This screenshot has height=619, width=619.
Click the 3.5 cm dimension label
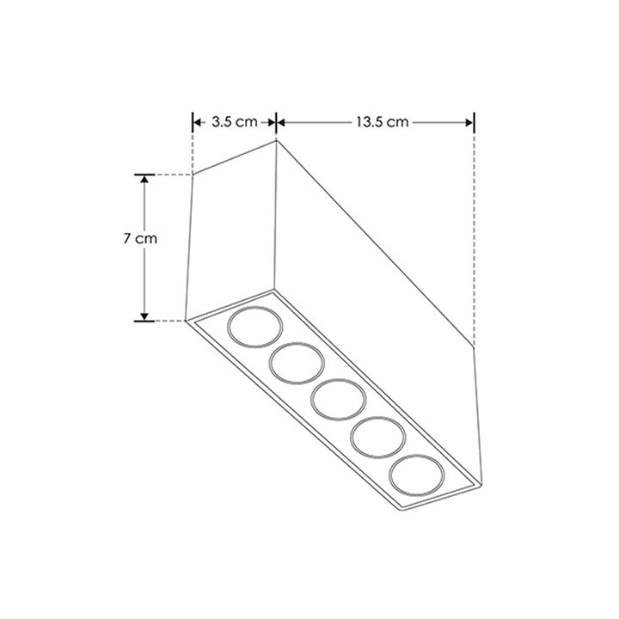click(x=234, y=122)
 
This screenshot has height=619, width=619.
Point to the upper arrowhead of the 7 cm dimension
click(x=144, y=179)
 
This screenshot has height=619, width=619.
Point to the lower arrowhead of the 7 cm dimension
click(x=144, y=316)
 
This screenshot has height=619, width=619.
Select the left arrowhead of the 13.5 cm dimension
click(x=281, y=122)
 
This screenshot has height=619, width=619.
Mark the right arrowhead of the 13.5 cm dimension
click(x=470, y=122)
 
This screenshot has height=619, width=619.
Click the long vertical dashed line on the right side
click(x=475, y=232)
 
